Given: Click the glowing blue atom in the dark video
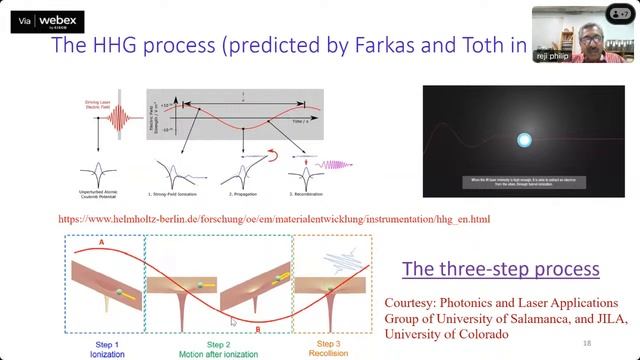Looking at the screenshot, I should [x=521, y=143].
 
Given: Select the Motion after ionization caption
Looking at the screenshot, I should [x=219, y=354].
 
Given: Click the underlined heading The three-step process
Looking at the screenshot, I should [x=500, y=268].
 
